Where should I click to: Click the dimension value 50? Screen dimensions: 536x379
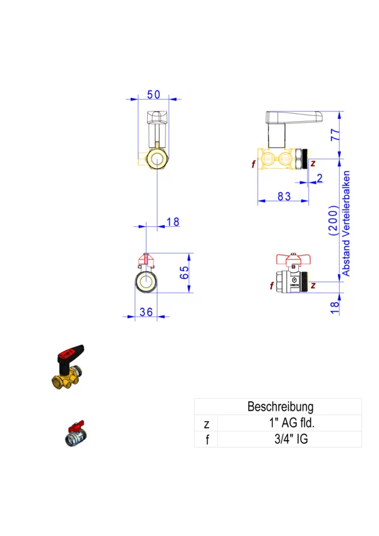point(153,94)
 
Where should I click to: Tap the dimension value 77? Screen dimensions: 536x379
point(335,135)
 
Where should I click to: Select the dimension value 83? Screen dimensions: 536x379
point(284,197)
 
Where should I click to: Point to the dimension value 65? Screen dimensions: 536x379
point(184,273)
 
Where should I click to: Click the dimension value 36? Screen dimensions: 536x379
point(146,312)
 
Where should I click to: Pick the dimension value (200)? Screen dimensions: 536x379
point(332,220)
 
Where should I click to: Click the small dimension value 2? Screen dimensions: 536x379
point(319,178)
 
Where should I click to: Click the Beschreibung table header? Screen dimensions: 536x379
point(280,406)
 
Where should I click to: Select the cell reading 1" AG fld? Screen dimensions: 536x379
point(287,423)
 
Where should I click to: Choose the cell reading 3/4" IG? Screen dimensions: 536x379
point(287,439)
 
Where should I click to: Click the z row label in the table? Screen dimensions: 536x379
point(206,423)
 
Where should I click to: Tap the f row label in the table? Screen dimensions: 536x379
point(206,439)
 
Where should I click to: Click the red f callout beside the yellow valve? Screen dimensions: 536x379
point(253,164)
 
